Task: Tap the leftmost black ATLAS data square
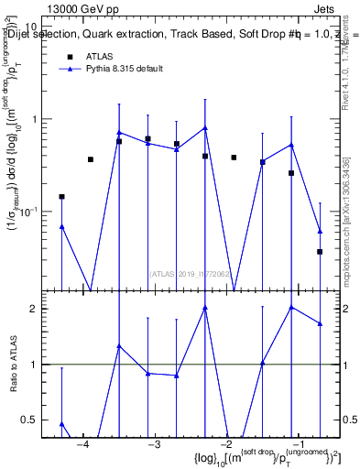tap(61, 196)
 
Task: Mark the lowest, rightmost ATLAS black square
tap(320, 251)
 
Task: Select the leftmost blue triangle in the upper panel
tap(61, 226)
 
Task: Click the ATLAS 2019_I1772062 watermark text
tap(190, 272)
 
